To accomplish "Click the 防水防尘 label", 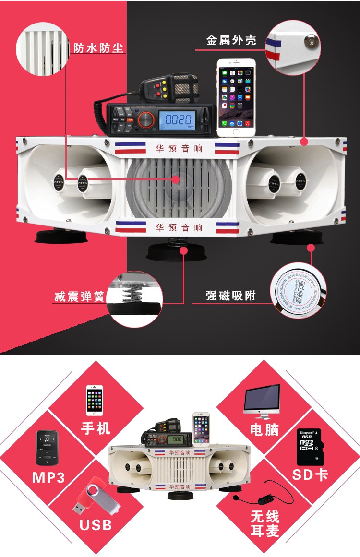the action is [x=98, y=48].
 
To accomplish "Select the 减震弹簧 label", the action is [x=79, y=296].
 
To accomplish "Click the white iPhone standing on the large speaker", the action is [x=236, y=98].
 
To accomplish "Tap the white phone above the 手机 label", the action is [x=95, y=400].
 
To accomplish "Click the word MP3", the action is [x=48, y=477].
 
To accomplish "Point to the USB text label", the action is [x=96, y=525].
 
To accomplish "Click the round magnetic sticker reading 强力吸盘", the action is [x=296, y=292].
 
